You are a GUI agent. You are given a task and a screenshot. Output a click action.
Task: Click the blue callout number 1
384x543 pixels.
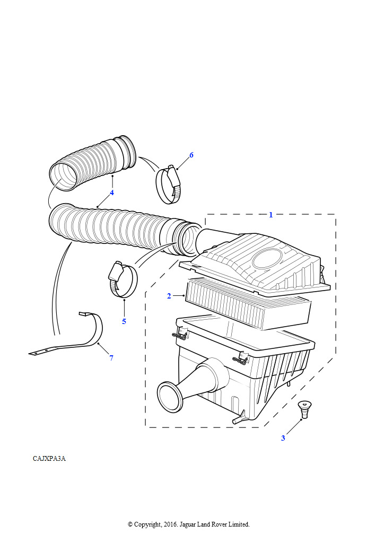271,215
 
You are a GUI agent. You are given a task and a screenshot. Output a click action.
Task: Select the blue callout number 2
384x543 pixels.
169,296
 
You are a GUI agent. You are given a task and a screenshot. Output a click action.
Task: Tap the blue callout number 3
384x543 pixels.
283,438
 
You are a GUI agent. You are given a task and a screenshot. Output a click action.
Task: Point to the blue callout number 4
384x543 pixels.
112,193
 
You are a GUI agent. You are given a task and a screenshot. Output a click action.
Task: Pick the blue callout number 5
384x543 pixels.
124,321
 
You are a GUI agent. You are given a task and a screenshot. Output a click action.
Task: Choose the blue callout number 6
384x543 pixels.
191,155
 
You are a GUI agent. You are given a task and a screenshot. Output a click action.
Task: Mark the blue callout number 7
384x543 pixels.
111,358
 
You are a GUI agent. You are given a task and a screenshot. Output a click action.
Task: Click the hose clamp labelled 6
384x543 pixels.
168,184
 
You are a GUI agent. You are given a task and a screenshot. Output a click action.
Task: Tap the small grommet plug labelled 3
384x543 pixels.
304,409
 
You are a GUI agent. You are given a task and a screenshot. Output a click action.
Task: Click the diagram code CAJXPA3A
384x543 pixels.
49,459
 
